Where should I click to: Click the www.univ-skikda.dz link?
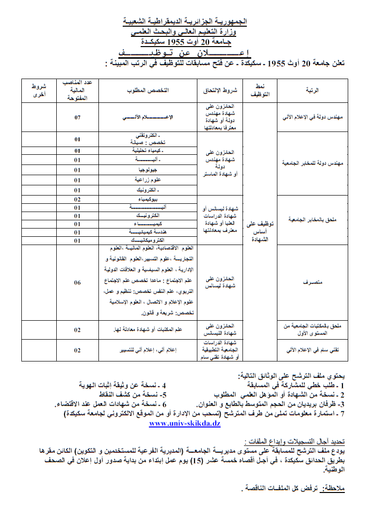coord(185,424)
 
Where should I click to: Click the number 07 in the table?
coord(77,117)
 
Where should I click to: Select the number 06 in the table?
coord(77,282)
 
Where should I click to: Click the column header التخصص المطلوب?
coord(151,91)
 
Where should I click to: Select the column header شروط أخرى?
coord(38,91)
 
